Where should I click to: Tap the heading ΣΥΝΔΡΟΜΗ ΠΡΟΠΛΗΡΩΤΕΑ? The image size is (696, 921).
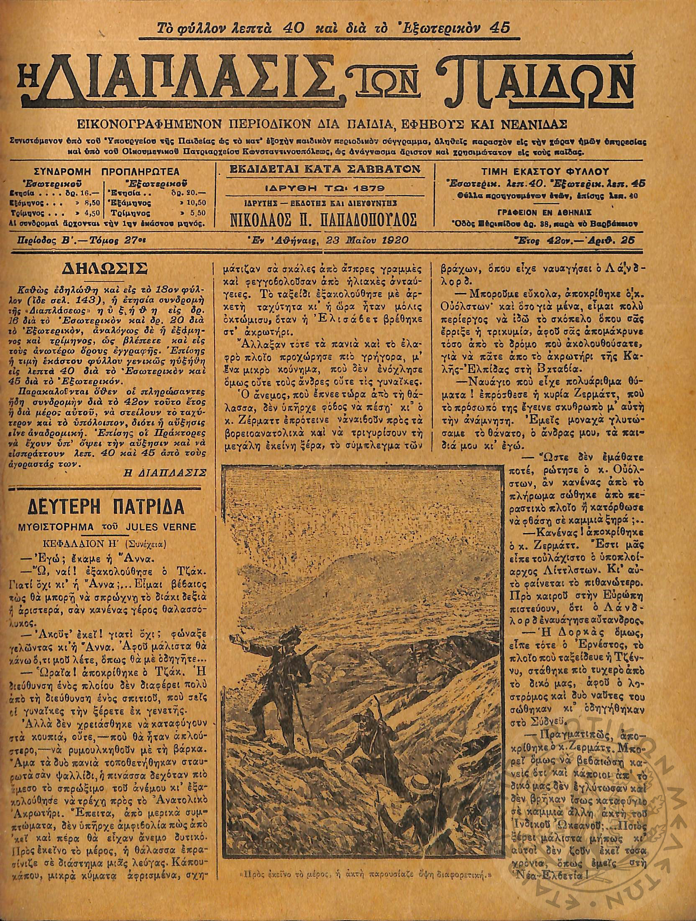pos(107,172)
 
